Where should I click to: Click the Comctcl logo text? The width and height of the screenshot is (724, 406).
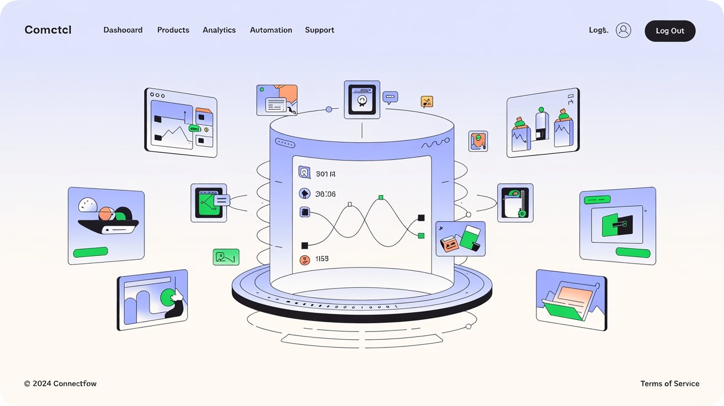(48, 30)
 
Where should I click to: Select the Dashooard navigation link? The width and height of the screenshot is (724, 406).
(123, 30)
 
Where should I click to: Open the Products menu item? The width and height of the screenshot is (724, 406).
(173, 30)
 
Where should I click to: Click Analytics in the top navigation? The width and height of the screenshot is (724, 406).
(219, 30)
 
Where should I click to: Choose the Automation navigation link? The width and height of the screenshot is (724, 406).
(271, 30)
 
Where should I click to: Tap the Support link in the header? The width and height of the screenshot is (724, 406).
(320, 30)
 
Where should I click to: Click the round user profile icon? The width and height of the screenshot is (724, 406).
(624, 30)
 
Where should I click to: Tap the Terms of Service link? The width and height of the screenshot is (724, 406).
(669, 383)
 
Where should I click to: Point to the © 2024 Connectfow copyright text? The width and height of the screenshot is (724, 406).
(60, 383)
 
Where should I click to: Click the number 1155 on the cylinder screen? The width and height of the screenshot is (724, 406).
(322, 259)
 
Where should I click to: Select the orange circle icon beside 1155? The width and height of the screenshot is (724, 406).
(304, 260)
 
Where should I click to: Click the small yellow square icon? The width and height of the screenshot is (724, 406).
(427, 101)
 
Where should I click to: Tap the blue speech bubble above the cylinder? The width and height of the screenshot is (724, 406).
(390, 98)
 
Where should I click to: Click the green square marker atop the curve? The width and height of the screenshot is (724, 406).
(380, 197)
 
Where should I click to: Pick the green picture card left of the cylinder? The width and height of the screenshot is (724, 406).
(226, 257)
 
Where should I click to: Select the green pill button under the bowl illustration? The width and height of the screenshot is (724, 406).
(91, 252)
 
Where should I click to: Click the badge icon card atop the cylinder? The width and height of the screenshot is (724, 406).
(362, 100)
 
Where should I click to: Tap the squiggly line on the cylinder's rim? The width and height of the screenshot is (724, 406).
(432, 145)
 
